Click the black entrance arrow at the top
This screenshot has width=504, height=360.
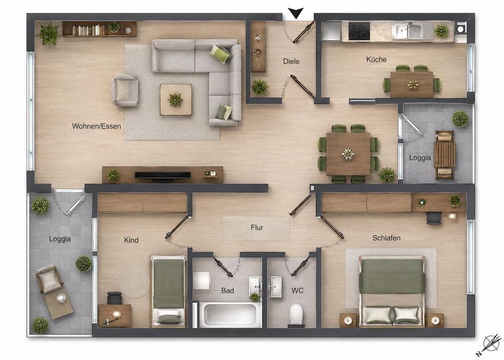pos(296,14)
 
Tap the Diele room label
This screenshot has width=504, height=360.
pos(291,61)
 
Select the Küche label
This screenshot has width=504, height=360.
pos(376,59)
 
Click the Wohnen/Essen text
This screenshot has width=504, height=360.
pos(97,126)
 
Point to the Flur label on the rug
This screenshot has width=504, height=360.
pos(257,228)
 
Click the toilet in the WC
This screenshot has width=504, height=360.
pos(296,314)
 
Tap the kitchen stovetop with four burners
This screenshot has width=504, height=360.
pos(359,31)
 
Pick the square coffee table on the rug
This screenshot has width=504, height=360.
pos(176,100)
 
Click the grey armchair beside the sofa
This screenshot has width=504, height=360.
pos(125,91)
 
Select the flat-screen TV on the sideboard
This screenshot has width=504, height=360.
pos(163,176)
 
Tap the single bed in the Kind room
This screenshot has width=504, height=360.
pos(169,291)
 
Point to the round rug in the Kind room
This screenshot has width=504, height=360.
pos(134,282)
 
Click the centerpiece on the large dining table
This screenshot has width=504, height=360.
pos(348,154)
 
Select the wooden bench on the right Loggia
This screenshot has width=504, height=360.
pos(445,155)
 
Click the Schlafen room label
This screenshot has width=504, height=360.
pos(386,238)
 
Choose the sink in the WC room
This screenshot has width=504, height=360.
pos(276,286)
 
